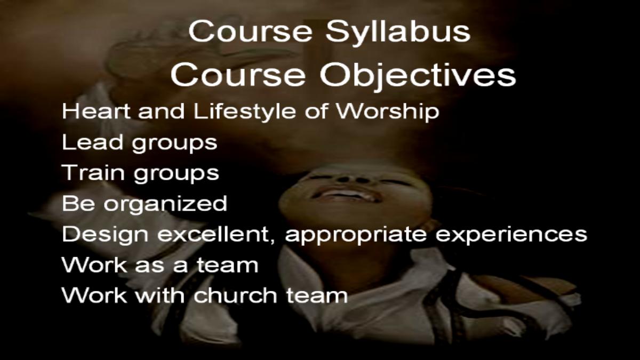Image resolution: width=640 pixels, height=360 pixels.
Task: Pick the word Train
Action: click(x=93, y=173)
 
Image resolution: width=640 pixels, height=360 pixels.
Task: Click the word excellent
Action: click(x=217, y=235)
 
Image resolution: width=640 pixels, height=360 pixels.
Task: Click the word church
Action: click(x=235, y=295)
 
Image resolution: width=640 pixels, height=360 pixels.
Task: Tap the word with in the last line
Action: click(x=159, y=295)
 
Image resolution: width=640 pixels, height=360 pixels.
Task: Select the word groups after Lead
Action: click(x=174, y=144)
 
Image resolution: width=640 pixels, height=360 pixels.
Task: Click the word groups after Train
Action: click(x=177, y=174)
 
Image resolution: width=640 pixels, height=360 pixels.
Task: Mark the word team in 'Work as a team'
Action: click(x=228, y=265)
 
